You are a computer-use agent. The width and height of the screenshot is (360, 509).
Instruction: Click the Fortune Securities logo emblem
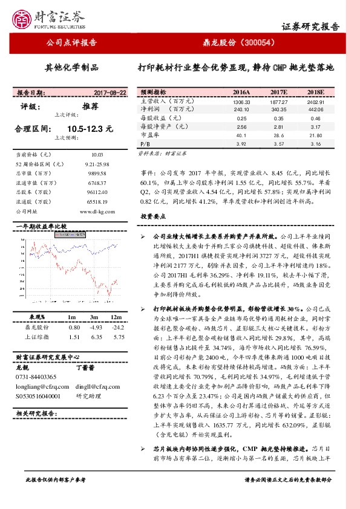point(24,18)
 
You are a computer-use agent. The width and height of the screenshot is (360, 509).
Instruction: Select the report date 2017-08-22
point(110,93)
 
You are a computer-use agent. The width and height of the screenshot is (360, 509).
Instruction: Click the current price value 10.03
point(97,155)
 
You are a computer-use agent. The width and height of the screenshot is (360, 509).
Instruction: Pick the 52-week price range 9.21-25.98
point(97,164)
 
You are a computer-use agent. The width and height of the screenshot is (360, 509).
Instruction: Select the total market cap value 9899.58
point(97,173)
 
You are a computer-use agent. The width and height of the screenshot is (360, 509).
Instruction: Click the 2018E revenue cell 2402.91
point(315,102)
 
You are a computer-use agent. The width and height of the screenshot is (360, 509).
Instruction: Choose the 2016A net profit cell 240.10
point(241,110)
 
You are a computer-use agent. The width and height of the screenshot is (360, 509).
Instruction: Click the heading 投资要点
point(152,216)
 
